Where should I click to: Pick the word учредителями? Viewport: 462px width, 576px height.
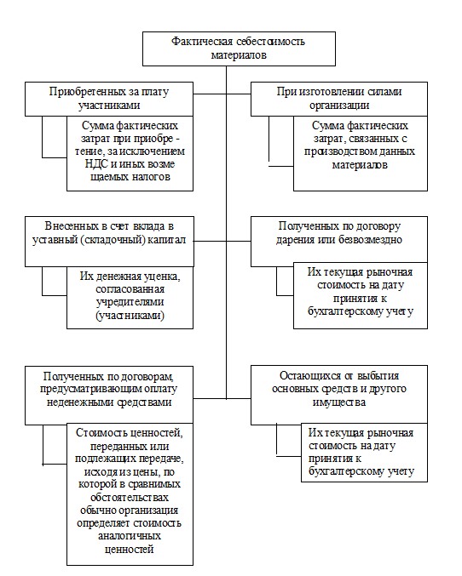(x=130, y=302)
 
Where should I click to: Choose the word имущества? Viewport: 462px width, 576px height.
(x=339, y=402)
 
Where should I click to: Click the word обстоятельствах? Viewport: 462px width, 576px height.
(x=130, y=498)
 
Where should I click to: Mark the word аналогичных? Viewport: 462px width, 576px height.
(x=130, y=536)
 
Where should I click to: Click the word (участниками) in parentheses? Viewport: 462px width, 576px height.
(x=130, y=315)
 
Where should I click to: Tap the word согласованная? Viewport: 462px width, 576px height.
(x=130, y=289)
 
